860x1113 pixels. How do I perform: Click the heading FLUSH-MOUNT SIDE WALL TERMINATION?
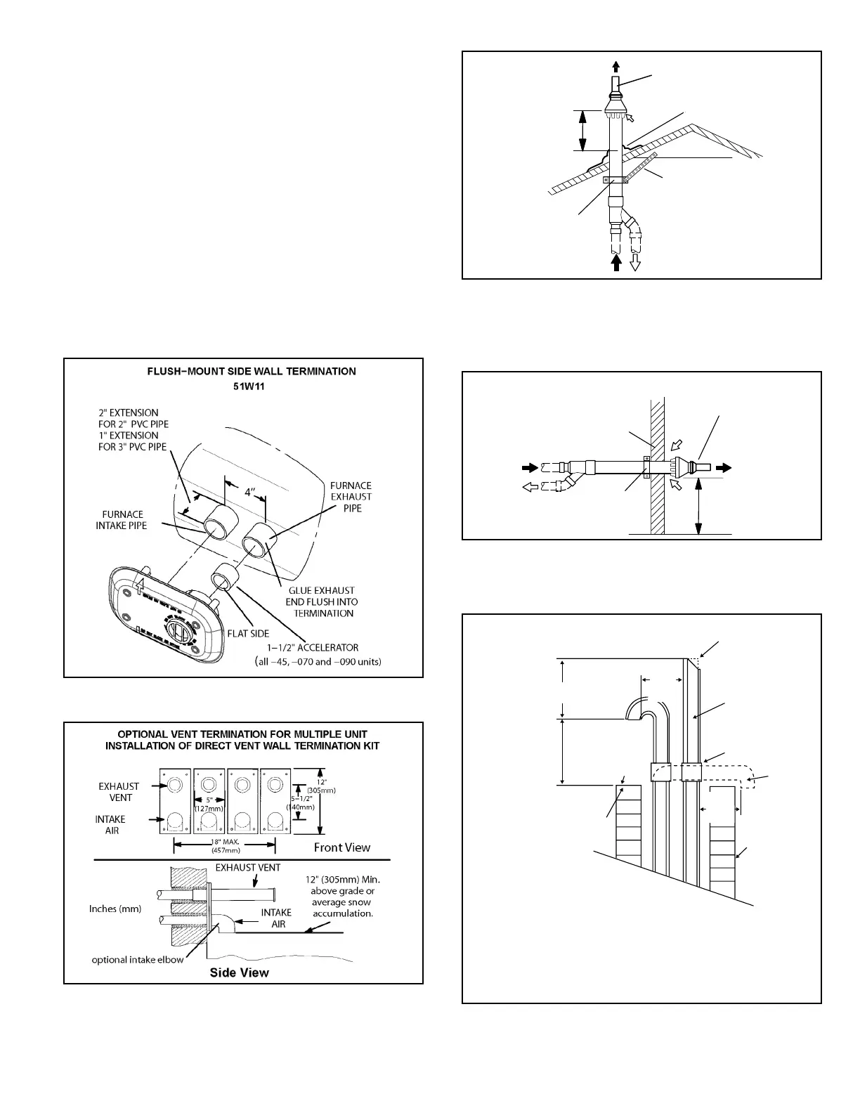click(x=242, y=371)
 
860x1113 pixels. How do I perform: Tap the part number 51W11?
click(x=242, y=386)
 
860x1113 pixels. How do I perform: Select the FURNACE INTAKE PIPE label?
click(x=122, y=520)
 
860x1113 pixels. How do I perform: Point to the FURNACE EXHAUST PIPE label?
click(x=351, y=496)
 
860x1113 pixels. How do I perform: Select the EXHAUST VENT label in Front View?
click(x=119, y=791)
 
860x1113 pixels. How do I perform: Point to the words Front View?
click(x=341, y=847)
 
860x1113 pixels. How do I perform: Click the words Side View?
click(x=240, y=972)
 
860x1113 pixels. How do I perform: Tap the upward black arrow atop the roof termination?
click(x=616, y=67)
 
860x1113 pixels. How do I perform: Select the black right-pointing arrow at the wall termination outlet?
click(x=723, y=467)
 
